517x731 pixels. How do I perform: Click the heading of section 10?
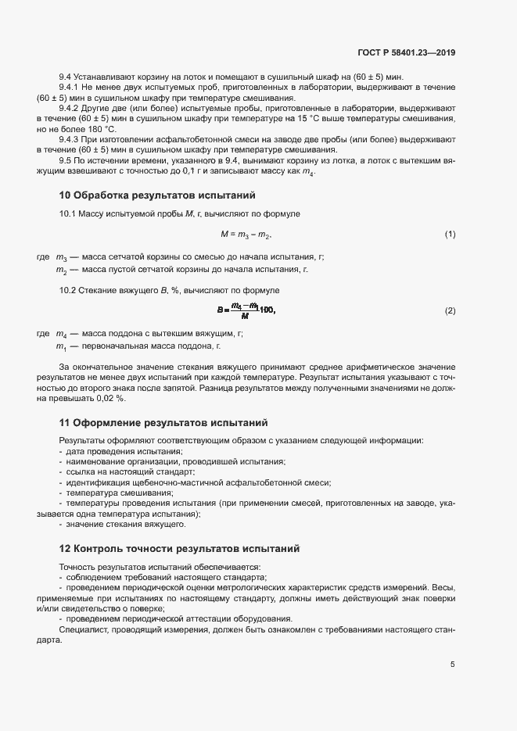point(156,194)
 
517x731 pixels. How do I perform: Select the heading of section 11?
point(163,423)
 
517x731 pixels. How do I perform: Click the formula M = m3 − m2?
point(246,235)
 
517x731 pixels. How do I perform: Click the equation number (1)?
point(450,235)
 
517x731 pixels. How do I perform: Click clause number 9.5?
point(68,160)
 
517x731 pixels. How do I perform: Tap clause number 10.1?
point(70,213)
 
